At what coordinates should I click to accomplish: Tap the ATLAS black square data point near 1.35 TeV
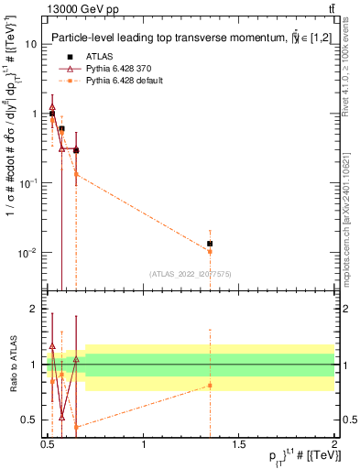210,244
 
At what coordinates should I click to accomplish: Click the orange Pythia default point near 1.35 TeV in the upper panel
210,251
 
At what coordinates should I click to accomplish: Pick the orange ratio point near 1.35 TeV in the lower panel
210,385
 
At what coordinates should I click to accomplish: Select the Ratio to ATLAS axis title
13,365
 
